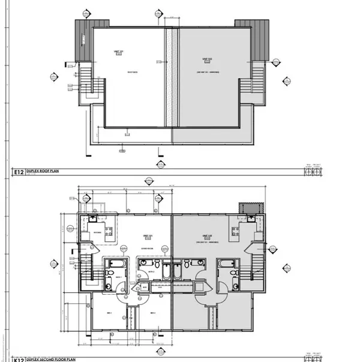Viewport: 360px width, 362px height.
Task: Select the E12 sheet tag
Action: [x=18, y=172]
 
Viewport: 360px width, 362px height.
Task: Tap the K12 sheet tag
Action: [x=18, y=358]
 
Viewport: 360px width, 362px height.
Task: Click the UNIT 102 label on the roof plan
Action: [x=208, y=59]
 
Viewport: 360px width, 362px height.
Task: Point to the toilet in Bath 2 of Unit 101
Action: [x=156, y=264]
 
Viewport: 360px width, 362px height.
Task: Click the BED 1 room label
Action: [x=110, y=313]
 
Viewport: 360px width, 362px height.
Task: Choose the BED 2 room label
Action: [x=152, y=313]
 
